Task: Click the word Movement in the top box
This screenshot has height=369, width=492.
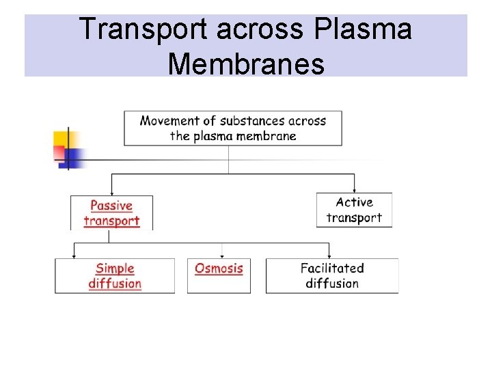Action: tap(169, 121)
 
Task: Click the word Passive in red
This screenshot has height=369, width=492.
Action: tap(111, 205)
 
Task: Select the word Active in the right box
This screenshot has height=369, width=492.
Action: tap(354, 202)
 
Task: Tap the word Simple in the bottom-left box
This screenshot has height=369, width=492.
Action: tap(115, 269)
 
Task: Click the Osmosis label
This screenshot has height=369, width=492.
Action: tap(219, 269)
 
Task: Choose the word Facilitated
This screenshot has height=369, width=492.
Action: tap(332, 269)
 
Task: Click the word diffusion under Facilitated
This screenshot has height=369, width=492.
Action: tap(332, 284)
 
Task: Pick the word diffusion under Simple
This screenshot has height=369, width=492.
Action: tap(115, 284)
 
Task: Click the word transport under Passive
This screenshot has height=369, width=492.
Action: tap(111, 221)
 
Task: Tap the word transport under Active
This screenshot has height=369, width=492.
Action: tap(354, 218)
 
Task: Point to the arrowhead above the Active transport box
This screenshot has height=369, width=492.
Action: tap(355, 190)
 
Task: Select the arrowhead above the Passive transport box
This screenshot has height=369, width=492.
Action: tap(111, 193)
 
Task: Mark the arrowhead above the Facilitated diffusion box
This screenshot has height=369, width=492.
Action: tap(329, 256)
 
